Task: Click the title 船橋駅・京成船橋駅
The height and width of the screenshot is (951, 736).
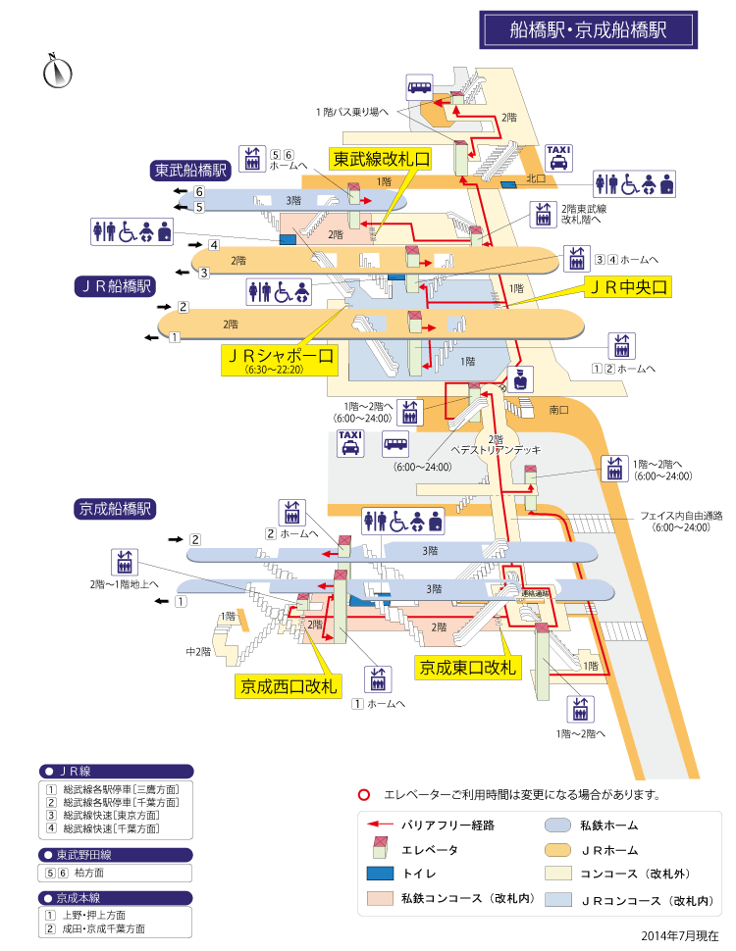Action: click(x=588, y=29)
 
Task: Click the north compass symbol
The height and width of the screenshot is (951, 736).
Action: click(x=59, y=71)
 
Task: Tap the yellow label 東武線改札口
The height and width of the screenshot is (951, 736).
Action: click(x=381, y=159)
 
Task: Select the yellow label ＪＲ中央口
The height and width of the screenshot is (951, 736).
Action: click(x=626, y=286)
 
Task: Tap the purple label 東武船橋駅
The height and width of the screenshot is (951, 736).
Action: click(x=190, y=170)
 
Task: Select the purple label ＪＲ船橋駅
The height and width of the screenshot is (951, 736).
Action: click(x=115, y=286)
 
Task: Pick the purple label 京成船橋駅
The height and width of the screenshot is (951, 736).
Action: click(x=115, y=509)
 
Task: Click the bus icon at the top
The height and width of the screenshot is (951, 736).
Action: click(x=419, y=86)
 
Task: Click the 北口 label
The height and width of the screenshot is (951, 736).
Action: click(x=535, y=178)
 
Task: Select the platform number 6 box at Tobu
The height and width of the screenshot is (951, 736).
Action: click(x=199, y=192)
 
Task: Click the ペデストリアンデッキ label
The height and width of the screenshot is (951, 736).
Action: click(x=496, y=450)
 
